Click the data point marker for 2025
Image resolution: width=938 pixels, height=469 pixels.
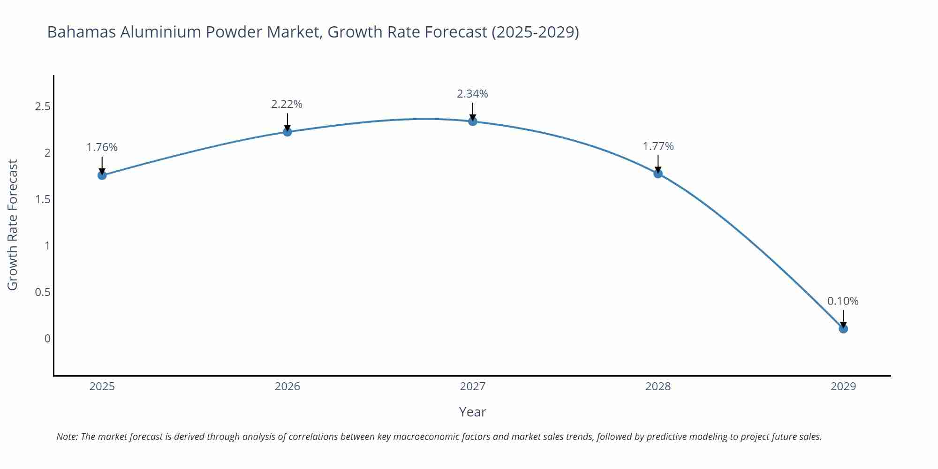[x=102, y=175]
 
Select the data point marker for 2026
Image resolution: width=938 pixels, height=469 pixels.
[x=287, y=132]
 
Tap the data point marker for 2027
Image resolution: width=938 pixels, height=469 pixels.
[x=473, y=121]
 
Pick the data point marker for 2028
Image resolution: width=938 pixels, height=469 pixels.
[x=658, y=174]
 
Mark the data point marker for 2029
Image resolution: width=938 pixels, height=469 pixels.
[x=843, y=329]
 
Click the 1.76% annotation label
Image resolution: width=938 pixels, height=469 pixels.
[x=102, y=147]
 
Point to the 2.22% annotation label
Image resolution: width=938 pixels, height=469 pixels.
[x=287, y=104]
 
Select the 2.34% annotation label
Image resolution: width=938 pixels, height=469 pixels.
[x=472, y=94]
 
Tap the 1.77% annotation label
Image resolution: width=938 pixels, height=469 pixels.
[x=658, y=146]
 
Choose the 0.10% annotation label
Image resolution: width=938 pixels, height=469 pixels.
[x=843, y=301]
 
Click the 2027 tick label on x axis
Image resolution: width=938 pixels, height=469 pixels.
[x=473, y=386]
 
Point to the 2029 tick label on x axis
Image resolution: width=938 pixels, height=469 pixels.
[x=843, y=386]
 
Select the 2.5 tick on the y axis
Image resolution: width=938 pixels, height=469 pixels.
[x=43, y=106]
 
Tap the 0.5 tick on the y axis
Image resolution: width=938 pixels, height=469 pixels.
[x=43, y=292]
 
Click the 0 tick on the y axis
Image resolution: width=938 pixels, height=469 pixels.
[x=47, y=339]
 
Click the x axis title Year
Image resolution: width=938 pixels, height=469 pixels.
[x=472, y=412]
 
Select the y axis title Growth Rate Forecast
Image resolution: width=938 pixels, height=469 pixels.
[x=13, y=225]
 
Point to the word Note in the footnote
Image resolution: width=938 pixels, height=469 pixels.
[x=67, y=437]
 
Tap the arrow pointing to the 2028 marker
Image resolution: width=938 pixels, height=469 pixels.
[x=658, y=164]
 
